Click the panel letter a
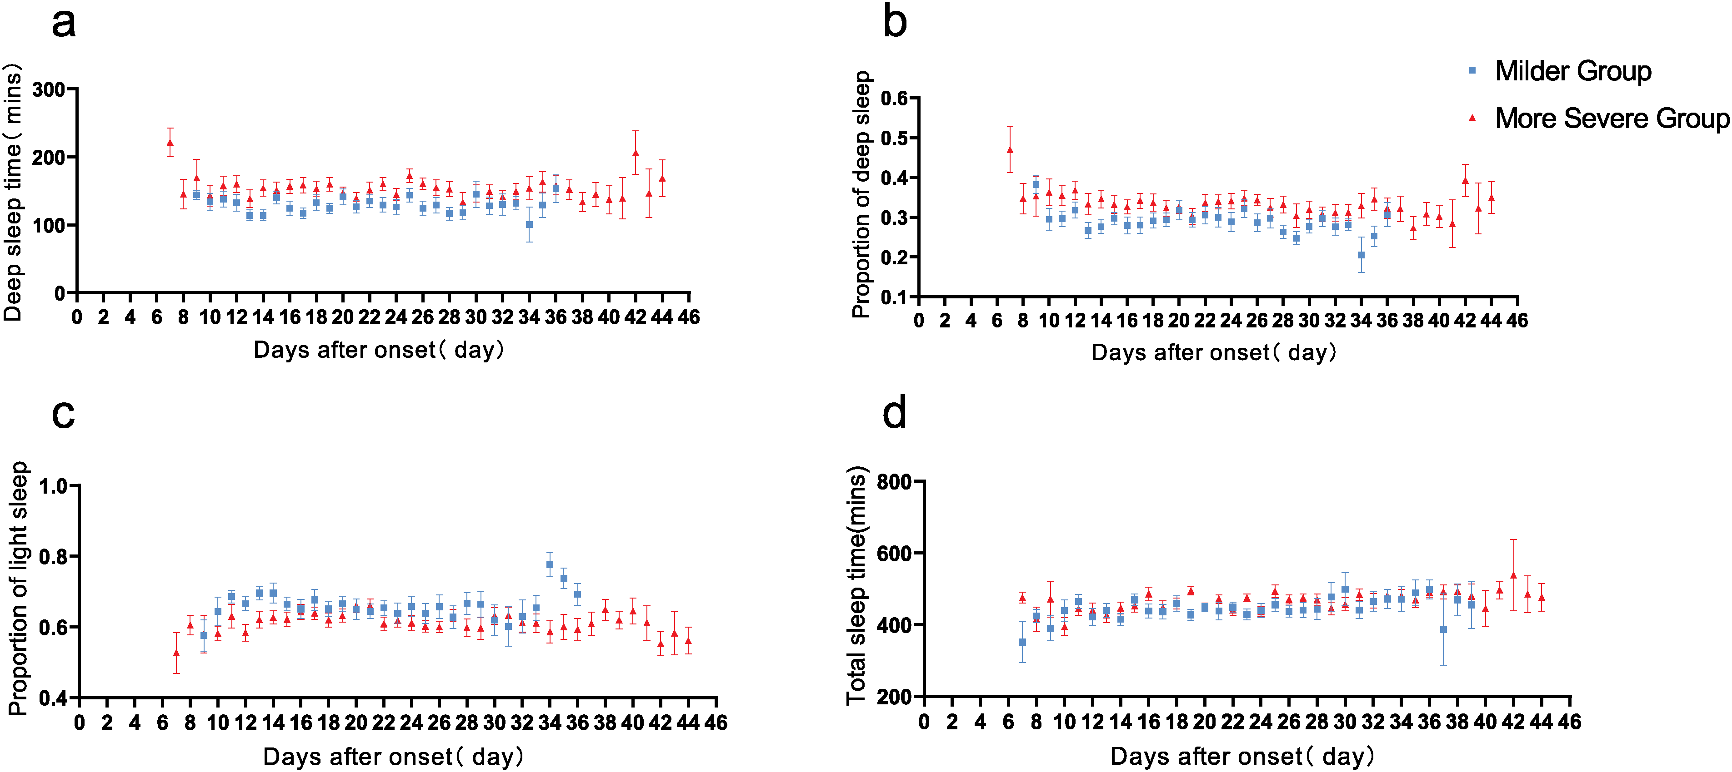tap(64, 24)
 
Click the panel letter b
tap(895, 21)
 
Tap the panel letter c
tap(63, 415)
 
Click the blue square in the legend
tap(1472, 70)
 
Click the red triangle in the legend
tap(1472, 118)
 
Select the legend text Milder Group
tap(1573, 70)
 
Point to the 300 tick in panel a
tap(49, 89)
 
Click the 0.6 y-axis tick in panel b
tap(894, 99)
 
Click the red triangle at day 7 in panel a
tap(170, 143)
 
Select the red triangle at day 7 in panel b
tap(1010, 150)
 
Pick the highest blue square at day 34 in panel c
tap(550, 564)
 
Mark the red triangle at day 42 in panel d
tap(1513, 575)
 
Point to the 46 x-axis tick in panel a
tap(689, 317)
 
